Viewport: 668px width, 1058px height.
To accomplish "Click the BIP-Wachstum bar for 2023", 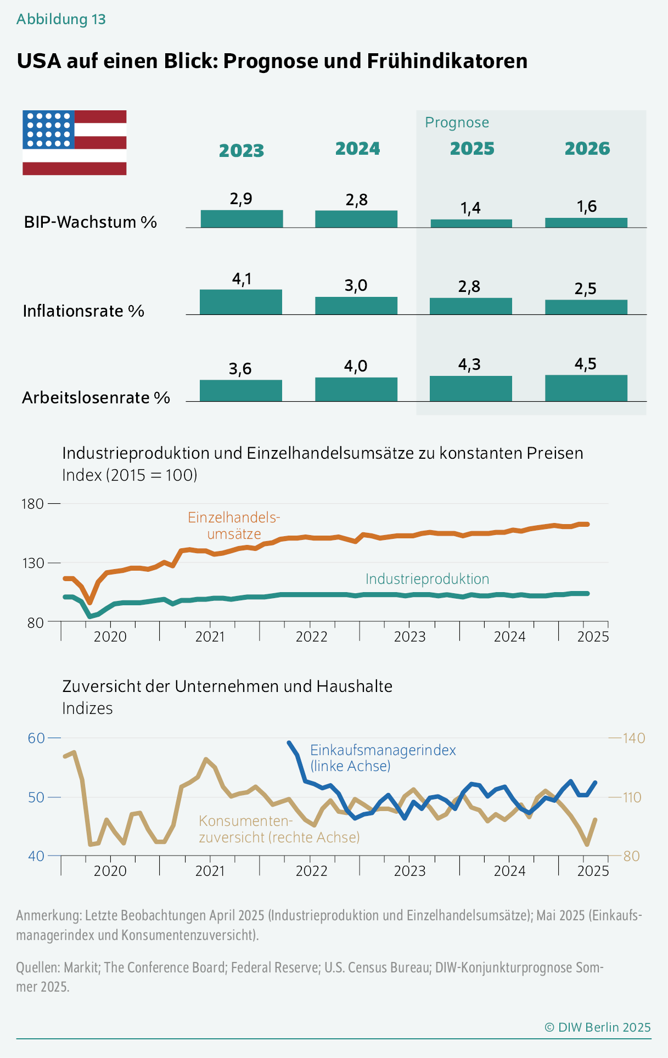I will (x=242, y=218).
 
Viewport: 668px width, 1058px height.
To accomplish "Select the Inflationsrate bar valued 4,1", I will (x=240, y=302).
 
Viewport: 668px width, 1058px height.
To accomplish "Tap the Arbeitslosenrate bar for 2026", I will (x=586, y=388).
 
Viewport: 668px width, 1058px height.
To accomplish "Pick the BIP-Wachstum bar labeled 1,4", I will (x=471, y=223).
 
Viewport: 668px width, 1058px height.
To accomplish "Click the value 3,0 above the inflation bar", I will (x=356, y=285).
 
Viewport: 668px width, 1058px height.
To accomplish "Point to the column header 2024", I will (x=357, y=149).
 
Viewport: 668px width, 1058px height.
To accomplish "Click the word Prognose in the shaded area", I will (x=457, y=122).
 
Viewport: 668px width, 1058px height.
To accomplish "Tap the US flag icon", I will (x=75, y=143).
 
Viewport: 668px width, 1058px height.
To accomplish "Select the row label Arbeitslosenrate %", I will (x=96, y=398).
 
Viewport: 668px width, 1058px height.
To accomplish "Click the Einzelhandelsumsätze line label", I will (x=234, y=526).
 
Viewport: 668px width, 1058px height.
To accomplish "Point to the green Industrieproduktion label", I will (x=427, y=579).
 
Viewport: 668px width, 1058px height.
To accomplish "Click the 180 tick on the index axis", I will (x=32, y=504).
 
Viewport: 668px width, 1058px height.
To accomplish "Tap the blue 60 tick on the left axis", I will (x=36, y=738).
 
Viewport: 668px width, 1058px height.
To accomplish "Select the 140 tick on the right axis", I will (x=634, y=738).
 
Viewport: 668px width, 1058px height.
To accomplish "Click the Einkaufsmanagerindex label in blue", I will (x=383, y=758).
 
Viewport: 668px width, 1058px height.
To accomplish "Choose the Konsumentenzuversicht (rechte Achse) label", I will (x=279, y=829).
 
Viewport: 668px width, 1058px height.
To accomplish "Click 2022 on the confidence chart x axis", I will (x=311, y=871).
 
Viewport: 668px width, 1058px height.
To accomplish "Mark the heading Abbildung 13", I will (x=61, y=19).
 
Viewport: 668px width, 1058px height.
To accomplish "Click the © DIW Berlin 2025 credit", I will (x=597, y=1027).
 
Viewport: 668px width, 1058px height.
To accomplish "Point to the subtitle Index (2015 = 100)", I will (x=130, y=475).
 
